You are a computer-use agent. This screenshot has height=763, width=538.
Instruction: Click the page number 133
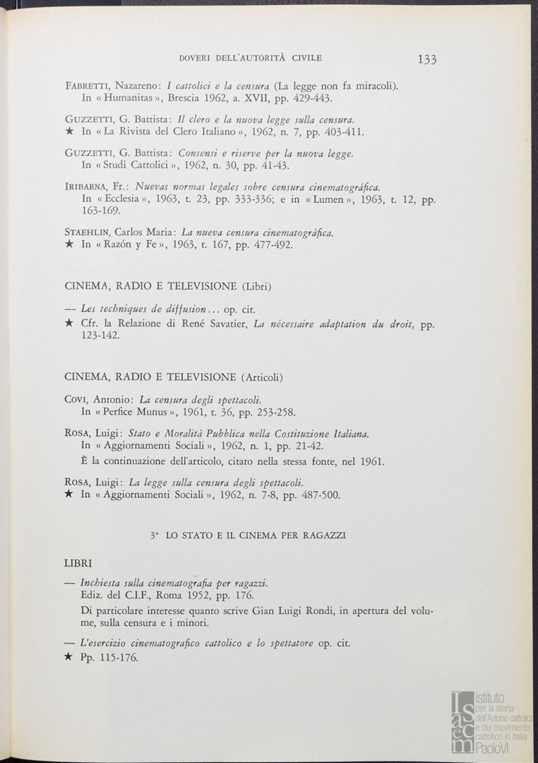point(426,59)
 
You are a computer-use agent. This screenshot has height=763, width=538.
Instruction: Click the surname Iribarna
point(86,188)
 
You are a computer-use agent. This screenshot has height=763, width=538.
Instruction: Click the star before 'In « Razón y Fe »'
point(69,245)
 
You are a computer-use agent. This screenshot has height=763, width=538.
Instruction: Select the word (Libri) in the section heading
point(257,286)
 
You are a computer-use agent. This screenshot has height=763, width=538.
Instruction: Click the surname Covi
point(75,400)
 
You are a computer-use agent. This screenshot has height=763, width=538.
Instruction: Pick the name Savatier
point(225,324)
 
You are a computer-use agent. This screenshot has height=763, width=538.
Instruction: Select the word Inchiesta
point(103,584)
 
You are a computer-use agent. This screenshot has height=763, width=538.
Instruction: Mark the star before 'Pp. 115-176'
point(69,657)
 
